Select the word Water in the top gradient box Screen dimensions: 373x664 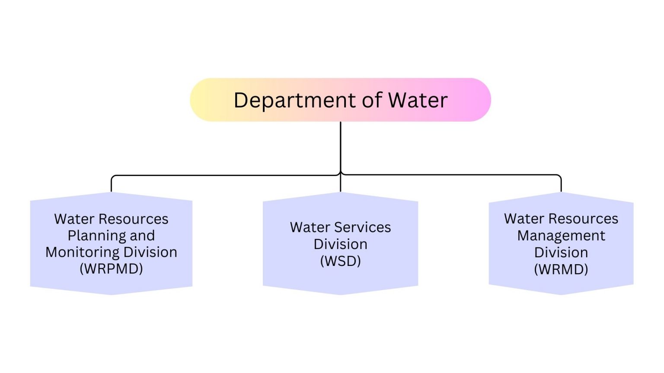417,100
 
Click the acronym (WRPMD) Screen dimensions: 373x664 111,269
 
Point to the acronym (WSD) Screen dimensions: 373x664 340,261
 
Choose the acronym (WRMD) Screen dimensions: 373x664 561,269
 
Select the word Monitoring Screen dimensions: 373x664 82,252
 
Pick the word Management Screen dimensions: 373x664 561,236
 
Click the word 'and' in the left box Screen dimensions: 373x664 142,236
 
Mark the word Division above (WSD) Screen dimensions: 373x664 340,244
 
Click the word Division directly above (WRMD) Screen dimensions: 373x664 561,252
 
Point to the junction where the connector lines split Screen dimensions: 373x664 341,175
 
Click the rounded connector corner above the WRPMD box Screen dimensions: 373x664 112,177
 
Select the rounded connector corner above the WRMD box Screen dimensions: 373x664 560,176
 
